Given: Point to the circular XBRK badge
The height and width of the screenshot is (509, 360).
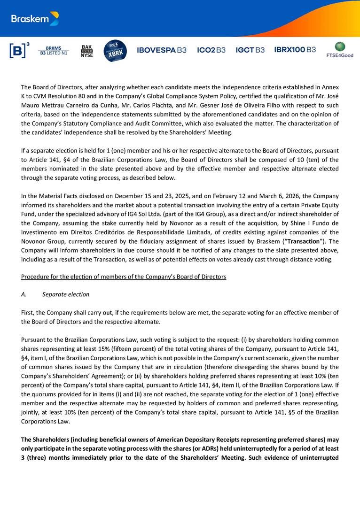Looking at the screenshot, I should coord(115,51).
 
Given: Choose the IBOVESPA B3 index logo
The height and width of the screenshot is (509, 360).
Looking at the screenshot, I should coord(161,50).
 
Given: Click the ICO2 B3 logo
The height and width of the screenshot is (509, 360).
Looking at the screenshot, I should coord(211,50).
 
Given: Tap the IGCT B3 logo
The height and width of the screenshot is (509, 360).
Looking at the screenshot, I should coord(250,50).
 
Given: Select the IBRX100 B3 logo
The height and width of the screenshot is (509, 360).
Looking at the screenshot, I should coord(295,50).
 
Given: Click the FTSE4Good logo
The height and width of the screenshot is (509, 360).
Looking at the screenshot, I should coord(340,50).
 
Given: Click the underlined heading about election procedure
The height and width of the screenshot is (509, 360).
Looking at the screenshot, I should coord(124,277).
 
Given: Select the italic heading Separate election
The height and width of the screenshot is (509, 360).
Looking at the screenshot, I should coord(66,294).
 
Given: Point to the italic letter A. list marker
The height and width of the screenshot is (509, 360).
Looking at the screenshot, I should coord(24,294).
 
